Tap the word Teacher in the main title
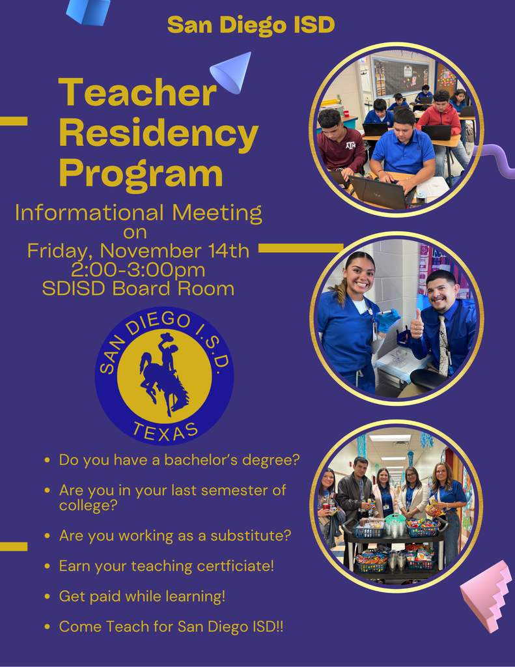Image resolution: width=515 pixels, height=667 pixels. click(x=137, y=93)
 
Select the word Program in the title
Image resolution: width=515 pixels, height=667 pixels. click(x=141, y=174)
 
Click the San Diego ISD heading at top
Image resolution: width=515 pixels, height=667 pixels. click(x=251, y=25)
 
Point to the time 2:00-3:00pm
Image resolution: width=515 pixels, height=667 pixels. click(x=138, y=270)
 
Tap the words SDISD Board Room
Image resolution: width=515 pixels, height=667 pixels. click(x=138, y=289)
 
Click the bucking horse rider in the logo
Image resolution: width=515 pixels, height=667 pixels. click(x=163, y=375)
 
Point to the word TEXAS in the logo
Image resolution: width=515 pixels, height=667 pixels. click(x=165, y=429)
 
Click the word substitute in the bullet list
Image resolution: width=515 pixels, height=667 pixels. click(x=255, y=535)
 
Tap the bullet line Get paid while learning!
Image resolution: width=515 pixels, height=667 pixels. click(x=142, y=596)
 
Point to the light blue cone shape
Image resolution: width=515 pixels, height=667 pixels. click(x=232, y=71)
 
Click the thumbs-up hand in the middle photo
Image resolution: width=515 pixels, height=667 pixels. click(x=417, y=323)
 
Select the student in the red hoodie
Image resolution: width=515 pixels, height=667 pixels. click(x=441, y=117)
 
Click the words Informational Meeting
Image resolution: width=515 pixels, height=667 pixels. click(x=138, y=212)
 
